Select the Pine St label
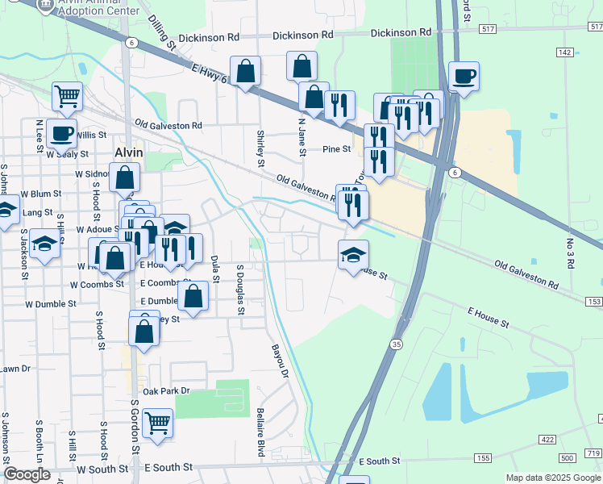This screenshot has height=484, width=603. click(336, 149)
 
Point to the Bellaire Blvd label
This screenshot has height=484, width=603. click(260, 432)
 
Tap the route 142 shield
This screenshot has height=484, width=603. click(565, 52)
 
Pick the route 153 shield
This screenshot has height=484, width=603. click(593, 301)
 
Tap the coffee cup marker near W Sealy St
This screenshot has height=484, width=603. click(61, 132)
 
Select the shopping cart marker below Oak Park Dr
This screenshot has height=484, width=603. click(157, 422)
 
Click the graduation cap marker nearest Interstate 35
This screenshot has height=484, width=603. click(353, 255)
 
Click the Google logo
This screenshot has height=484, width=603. click(27, 474)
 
